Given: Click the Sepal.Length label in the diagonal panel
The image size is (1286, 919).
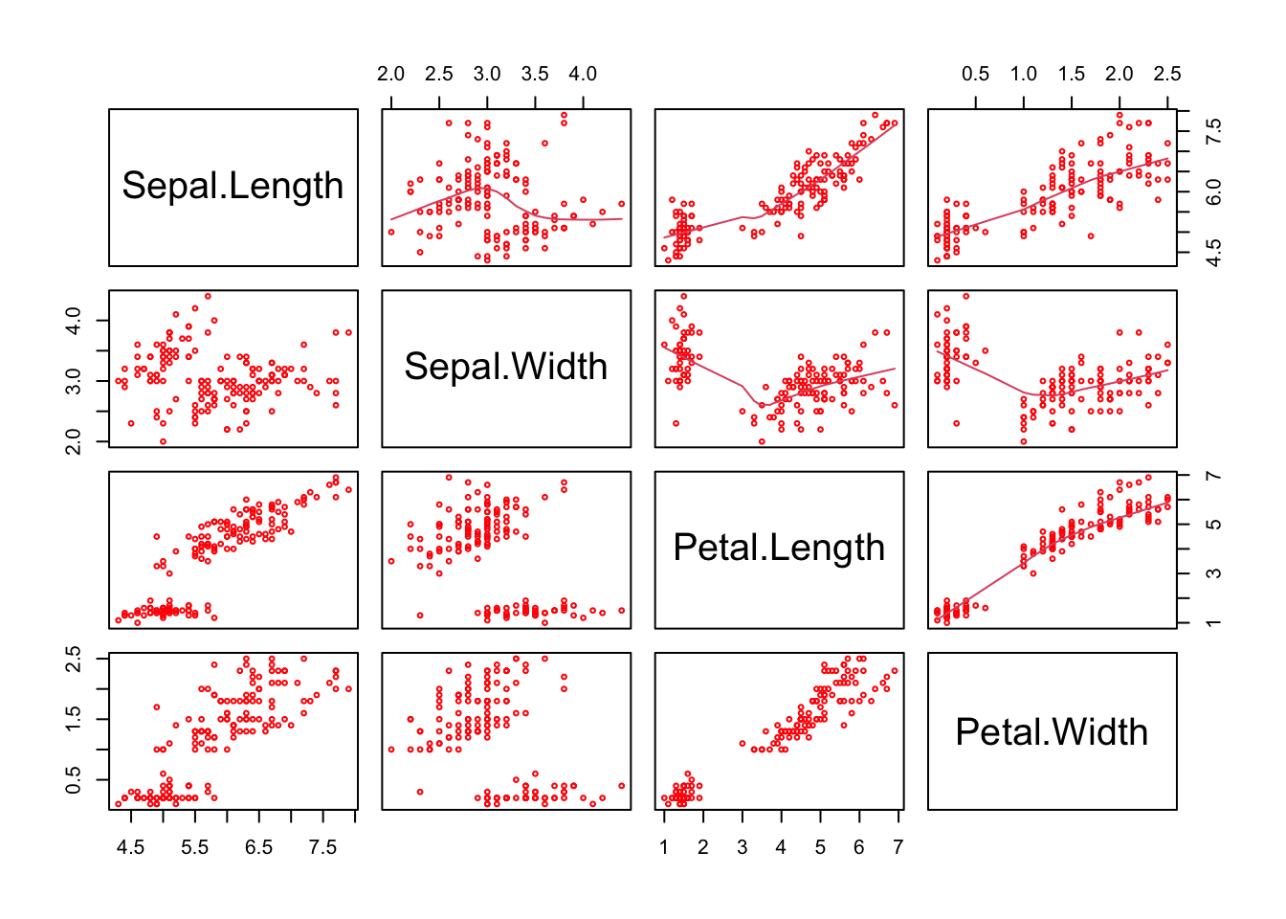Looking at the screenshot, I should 233,186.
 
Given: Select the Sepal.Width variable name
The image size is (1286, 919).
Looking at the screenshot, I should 505,367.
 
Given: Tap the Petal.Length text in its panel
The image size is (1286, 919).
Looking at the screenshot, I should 779,548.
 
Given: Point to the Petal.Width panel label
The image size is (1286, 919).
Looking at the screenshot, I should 1052,732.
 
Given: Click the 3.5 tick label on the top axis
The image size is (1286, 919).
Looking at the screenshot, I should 535,75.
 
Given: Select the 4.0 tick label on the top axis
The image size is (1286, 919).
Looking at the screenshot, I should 583,75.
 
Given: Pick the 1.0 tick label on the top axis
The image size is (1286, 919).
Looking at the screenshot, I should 1023,75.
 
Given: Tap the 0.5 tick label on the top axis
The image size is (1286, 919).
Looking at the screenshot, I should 975,75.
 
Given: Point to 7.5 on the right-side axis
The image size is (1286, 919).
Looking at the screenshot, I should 1213,131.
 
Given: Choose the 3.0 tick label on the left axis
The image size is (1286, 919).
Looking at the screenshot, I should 74,380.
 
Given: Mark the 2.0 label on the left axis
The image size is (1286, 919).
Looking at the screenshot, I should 74,441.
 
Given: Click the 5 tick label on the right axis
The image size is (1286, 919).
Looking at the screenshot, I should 1213,525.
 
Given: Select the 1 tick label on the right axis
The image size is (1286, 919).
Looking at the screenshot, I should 1213,622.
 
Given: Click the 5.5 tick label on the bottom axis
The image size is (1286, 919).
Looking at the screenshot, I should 194,847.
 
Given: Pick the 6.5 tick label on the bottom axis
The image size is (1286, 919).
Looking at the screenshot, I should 258,847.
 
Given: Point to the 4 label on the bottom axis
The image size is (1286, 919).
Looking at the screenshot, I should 781,847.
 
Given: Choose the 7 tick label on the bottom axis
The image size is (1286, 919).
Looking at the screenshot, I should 898,847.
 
